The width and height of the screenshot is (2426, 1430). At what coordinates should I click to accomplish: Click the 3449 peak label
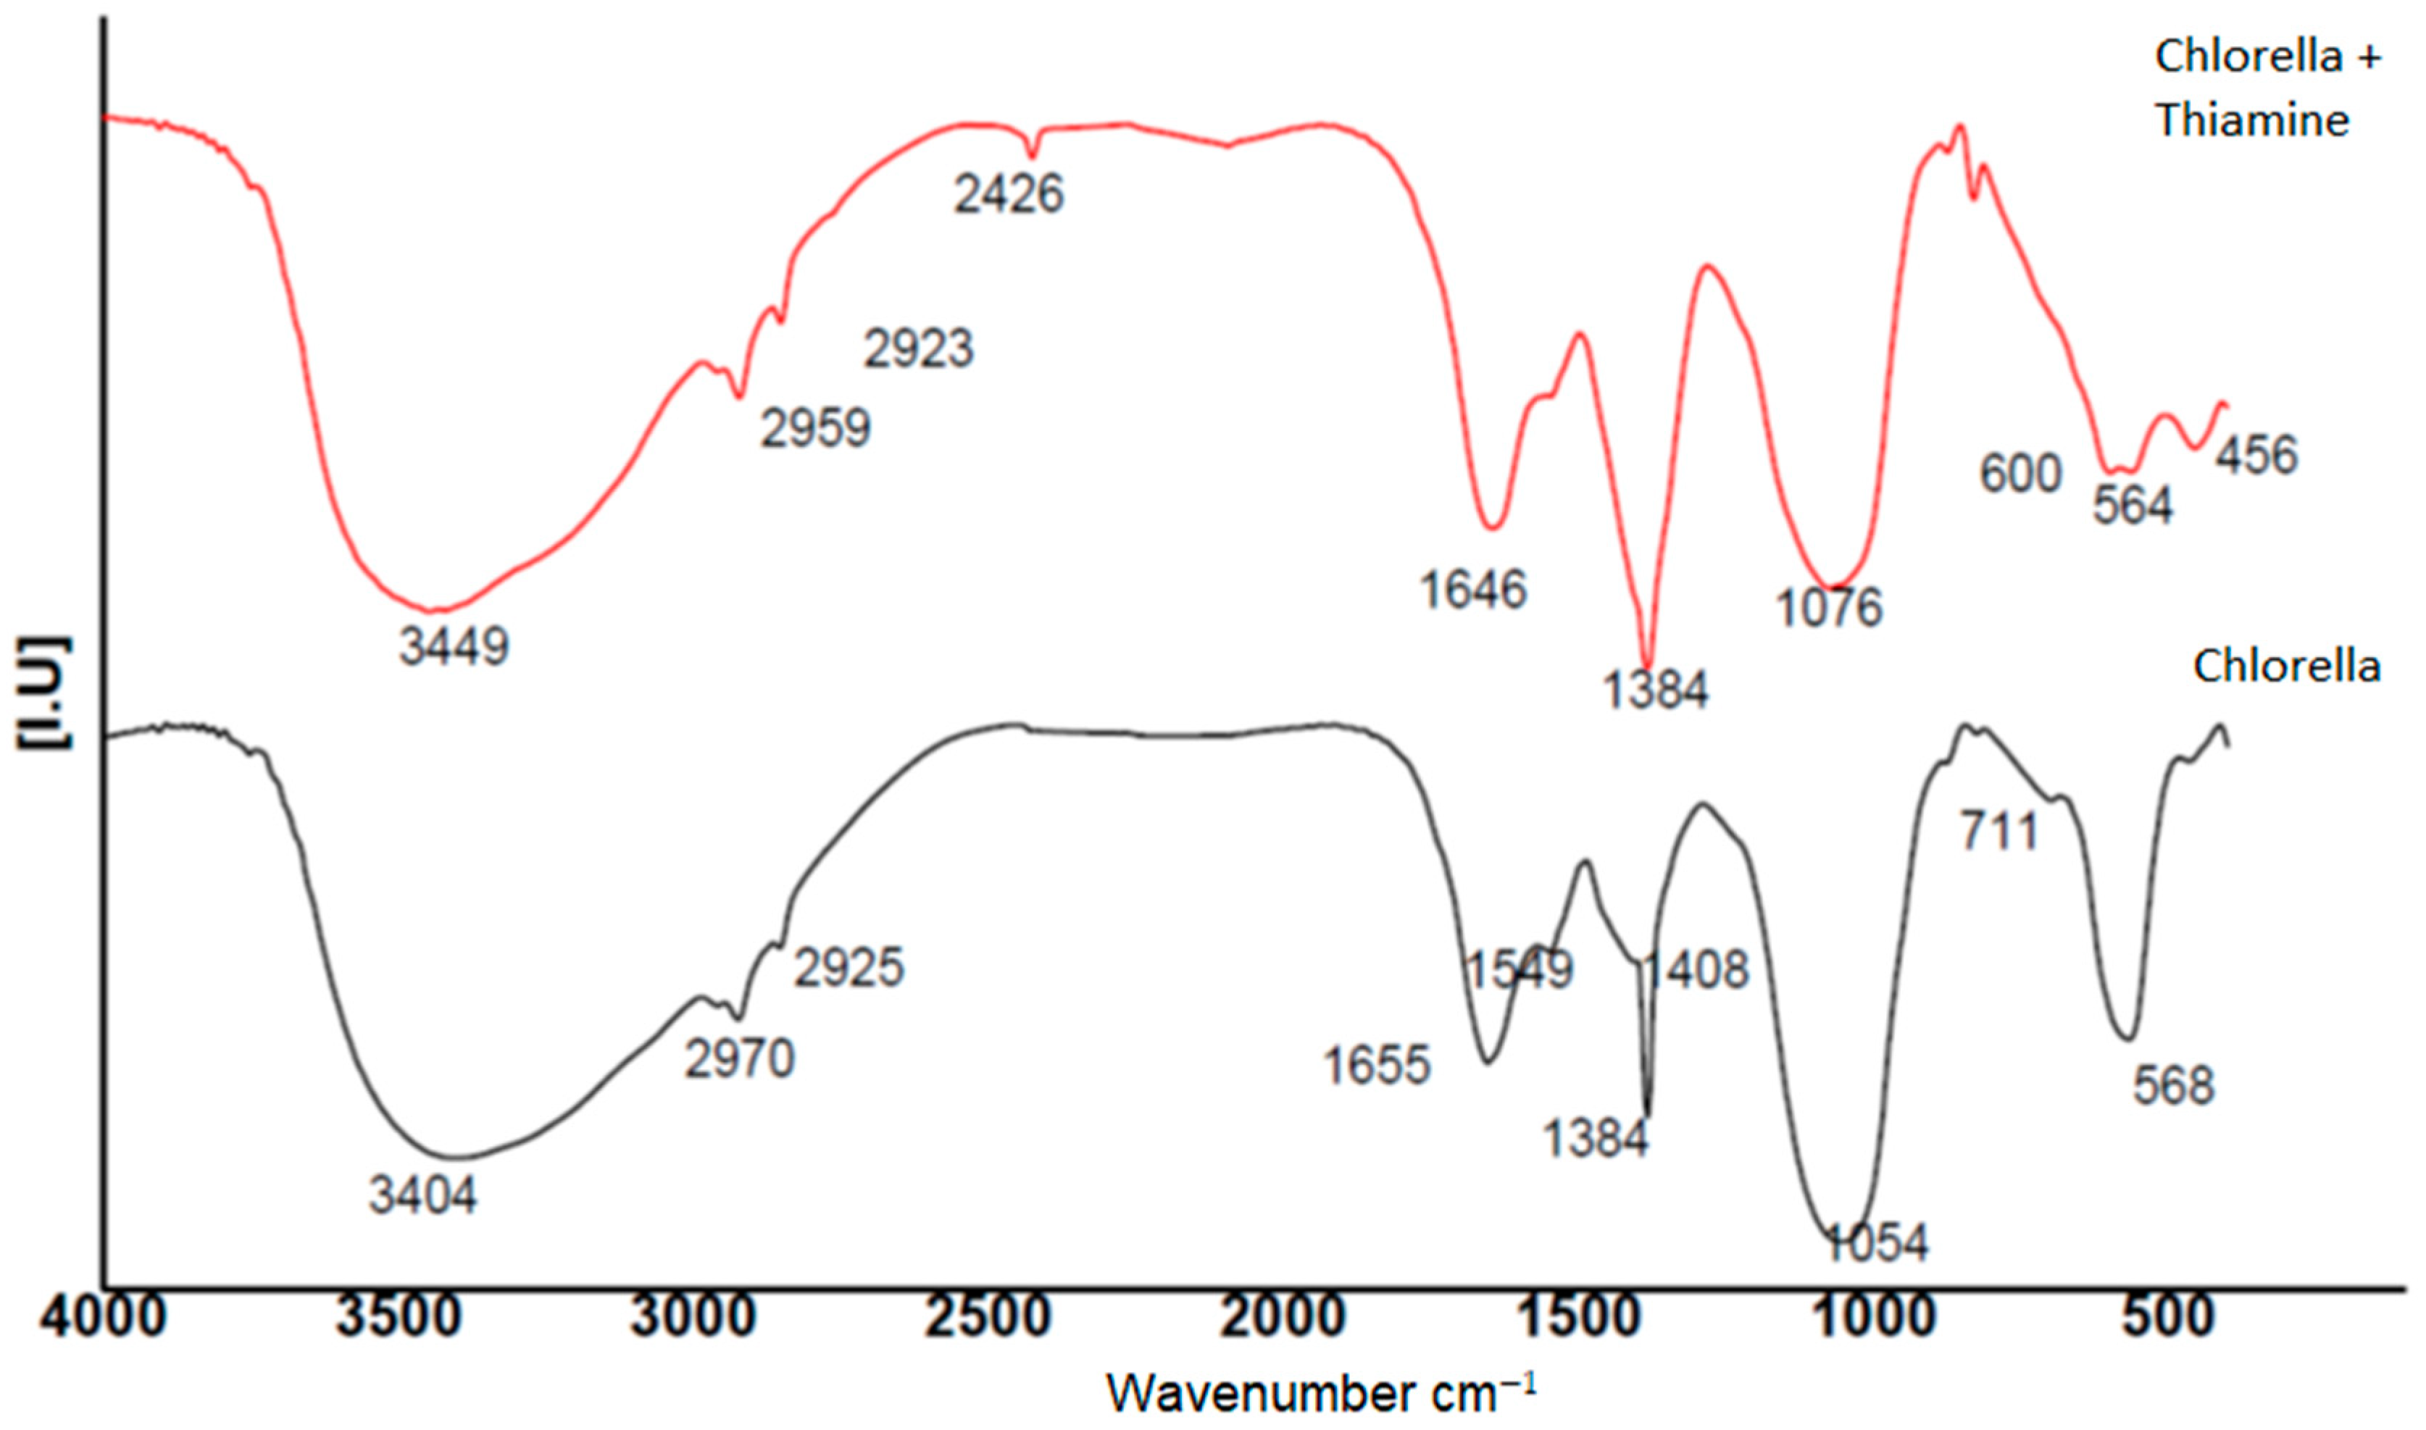[x=454, y=647]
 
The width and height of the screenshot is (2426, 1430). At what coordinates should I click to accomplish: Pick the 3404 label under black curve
[x=423, y=1196]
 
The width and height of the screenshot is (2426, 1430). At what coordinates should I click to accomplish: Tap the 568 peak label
[x=2173, y=1086]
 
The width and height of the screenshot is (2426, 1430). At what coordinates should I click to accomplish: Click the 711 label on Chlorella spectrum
[x=2000, y=832]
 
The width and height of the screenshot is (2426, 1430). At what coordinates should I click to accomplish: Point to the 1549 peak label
[x=1519, y=969]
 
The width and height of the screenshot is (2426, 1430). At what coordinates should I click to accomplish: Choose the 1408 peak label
[x=1694, y=969]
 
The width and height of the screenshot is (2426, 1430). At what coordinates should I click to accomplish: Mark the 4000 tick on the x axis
[x=103, y=1316]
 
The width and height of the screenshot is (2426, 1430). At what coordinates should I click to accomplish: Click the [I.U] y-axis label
[x=43, y=692]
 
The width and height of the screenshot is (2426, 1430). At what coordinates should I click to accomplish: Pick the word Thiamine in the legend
[x=2253, y=120]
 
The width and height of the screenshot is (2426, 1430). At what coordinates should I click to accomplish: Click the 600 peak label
[x=2020, y=473]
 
